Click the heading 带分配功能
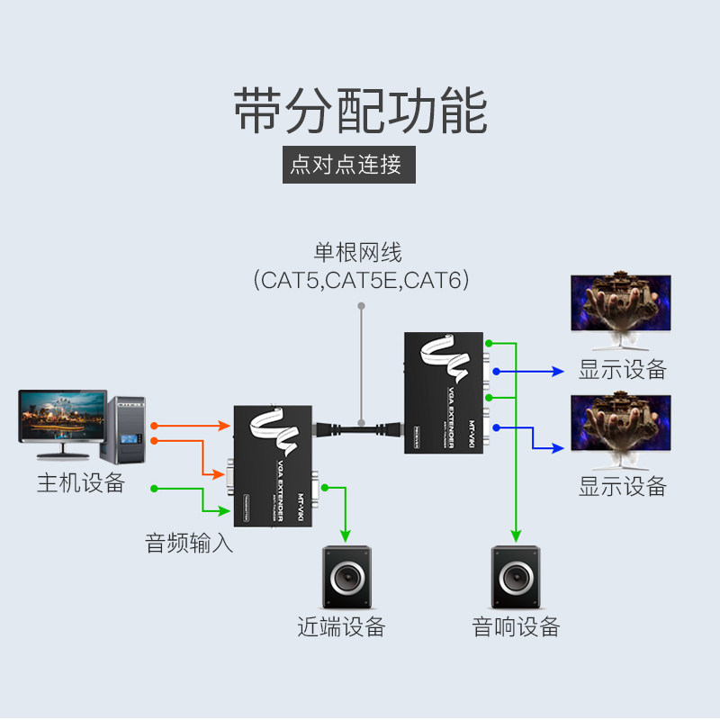click(x=360, y=111)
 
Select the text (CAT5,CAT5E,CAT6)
click(x=361, y=280)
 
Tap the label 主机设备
click(x=80, y=482)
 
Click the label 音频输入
click(x=189, y=543)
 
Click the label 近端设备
click(x=341, y=626)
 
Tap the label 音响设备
click(x=516, y=626)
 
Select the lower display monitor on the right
click(x=620, y=431)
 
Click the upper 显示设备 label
click(x=622, y=369)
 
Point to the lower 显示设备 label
click(x=622, y=487)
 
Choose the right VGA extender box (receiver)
click(x=446, y=391)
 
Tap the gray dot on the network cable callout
click(x=361, y=306)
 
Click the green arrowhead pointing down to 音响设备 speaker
click(x=516, y=537)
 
